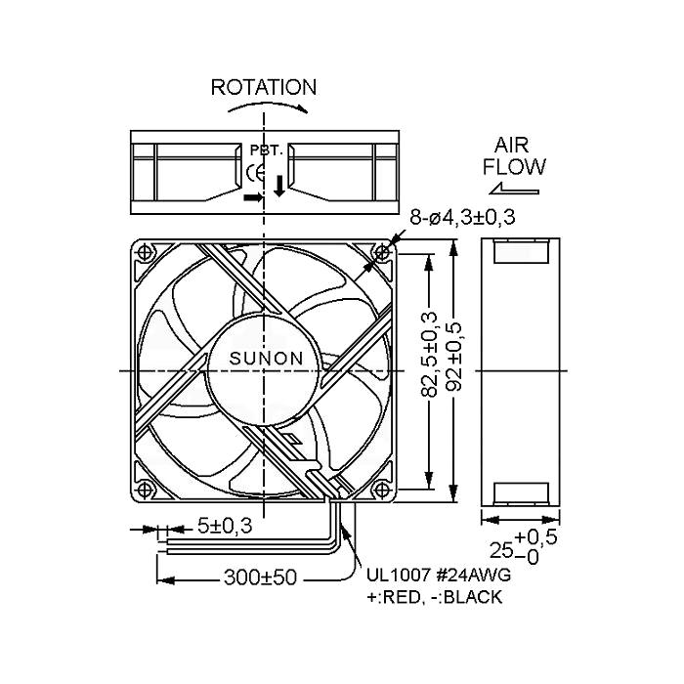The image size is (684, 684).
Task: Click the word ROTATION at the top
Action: [264, 87]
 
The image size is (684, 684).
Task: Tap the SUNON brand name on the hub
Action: [266, 359]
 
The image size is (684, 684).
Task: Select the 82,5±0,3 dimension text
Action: [429, 354]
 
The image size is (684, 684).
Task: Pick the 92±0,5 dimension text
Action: [455, 357]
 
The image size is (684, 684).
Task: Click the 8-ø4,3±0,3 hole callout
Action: [462, 217]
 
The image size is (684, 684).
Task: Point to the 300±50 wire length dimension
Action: [261, 577]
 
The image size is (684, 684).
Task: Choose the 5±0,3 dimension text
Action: [225, 526]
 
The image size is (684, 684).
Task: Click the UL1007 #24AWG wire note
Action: [439, 575]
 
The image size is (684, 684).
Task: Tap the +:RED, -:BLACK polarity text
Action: [434, 597]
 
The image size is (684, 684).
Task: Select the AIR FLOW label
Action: [514, 156]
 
